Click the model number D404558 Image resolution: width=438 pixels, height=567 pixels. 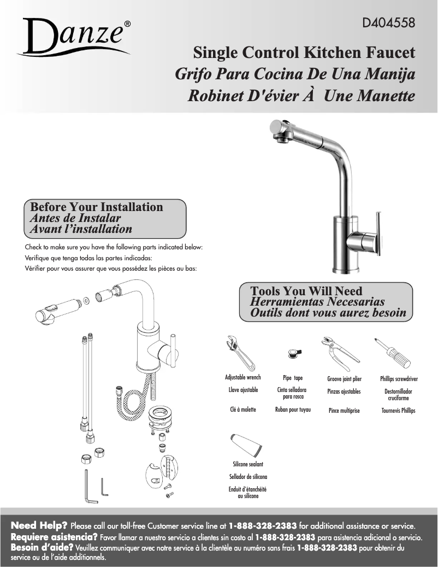[x=388, y=23]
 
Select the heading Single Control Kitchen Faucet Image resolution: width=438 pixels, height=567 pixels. [x=304, y=52]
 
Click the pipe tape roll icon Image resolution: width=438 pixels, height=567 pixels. [x=294, y=354]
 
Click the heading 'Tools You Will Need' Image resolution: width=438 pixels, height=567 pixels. [x=306, y=291]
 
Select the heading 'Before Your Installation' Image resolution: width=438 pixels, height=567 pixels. [x=97, y=207]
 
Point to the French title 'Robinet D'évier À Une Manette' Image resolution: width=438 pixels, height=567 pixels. [x=301, y=96]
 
